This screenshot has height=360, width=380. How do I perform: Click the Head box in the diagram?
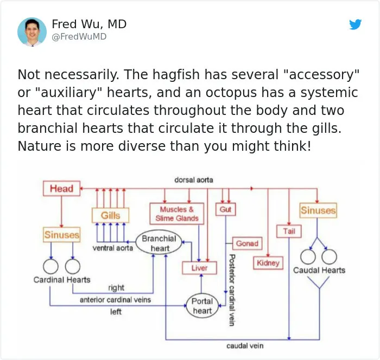(x=61, y=188)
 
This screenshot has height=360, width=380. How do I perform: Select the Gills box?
(x=111, y=215)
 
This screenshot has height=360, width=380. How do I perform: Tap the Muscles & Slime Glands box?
(x=177, y=214)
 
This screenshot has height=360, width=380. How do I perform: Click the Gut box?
(x=226, y=209)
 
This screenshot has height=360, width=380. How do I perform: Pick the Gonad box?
(x=247, y=243)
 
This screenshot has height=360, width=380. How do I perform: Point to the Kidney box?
(x=268, y=263)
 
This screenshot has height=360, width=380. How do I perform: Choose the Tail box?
(x=289, y=231)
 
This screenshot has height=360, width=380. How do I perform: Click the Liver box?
(x=199, y=268)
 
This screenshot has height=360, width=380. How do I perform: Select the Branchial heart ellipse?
(x=159, y=243)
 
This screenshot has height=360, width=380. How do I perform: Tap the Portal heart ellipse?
(x=202, y=306)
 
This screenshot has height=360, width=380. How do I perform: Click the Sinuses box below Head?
(x=62, y=235)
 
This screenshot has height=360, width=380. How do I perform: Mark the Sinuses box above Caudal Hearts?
(x=319, y=210)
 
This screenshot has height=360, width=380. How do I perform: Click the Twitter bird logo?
(x=356, y=24)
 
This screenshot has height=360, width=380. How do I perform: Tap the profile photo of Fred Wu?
(x=32, y=31)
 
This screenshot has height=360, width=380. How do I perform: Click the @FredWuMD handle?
(x=79, y=36)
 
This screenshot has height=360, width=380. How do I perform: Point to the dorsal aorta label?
(x=194, y=180)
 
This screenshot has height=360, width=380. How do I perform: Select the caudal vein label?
(x=245, y=346)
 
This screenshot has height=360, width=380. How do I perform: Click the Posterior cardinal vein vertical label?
(x=232, y=290)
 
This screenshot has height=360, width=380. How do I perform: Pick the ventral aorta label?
(x=113, y=248)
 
